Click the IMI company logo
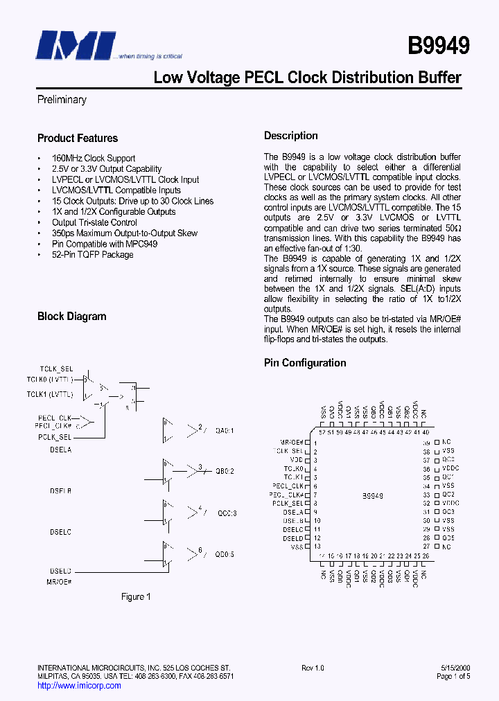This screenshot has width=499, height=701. click(x=76, y=46)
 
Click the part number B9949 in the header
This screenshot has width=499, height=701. click(x=438, y=46)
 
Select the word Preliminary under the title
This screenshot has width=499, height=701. click(x=62, y=100)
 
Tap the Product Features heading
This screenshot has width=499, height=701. click(x=78, y=139)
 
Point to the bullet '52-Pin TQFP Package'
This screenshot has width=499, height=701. click(x=93, y=254)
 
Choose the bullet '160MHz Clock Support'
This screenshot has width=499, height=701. click(x=94, y=158)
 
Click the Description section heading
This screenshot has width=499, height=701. click(x=291, y=136)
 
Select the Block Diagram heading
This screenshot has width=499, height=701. click(x=72, y=317)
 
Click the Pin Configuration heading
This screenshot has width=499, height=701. click(x=305, y=363)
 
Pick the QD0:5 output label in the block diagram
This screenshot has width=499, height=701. click(x=225, y=553)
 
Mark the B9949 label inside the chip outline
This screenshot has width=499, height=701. click(x=373, y=496)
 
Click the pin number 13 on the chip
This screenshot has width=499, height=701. click(x=316, y=547)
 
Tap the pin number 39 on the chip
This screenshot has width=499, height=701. click(x=427, y=443)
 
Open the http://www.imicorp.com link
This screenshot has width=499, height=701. click(x=79, y=686)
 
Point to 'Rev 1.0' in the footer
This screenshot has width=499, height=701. click(x=313, y=668)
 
